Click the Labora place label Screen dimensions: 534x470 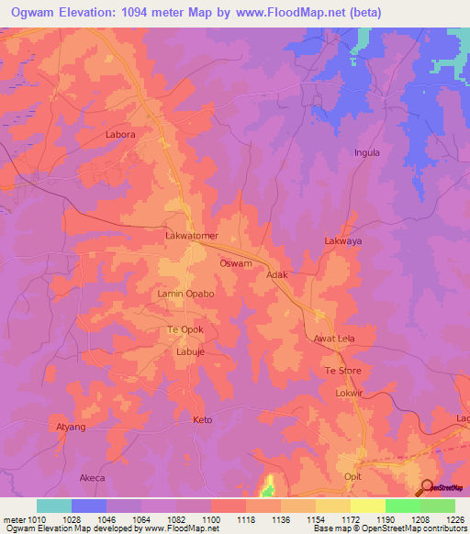tap(120, 135)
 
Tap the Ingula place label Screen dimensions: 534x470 tap(367, 152)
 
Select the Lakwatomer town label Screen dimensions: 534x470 tap(191, 236)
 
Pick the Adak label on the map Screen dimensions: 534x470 tap(277, 274)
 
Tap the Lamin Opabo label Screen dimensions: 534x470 tap(186, 294)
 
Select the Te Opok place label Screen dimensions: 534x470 tap(185, 329)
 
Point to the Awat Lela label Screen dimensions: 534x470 tap(334, 339)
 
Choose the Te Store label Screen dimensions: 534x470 tap(343, 371)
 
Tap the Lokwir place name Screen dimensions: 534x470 tap(350, 393)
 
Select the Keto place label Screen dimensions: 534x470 tap(202, 420)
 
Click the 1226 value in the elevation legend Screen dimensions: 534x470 tap(454, 519)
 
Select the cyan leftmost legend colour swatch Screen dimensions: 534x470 tap(53, 506)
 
